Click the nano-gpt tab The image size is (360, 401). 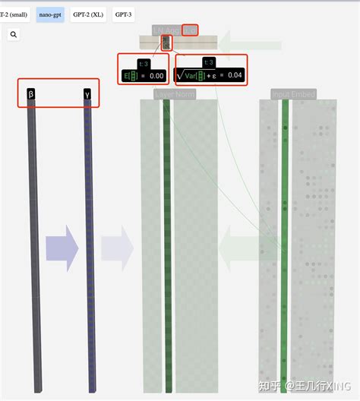pos(50,14)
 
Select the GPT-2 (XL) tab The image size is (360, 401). pos(88,14)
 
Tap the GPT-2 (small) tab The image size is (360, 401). pos(14,14)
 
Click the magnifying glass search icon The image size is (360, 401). pos(14,34)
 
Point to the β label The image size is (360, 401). pos(31,94)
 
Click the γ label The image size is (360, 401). pos(87,94)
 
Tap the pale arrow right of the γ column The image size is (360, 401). pos(117,248)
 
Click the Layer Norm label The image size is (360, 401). pos(174,94)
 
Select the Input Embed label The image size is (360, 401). pos(293,94)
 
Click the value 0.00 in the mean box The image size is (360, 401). pos(156,75)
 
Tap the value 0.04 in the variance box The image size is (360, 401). pos(235,75)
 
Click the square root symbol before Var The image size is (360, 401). pos(181,74)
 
